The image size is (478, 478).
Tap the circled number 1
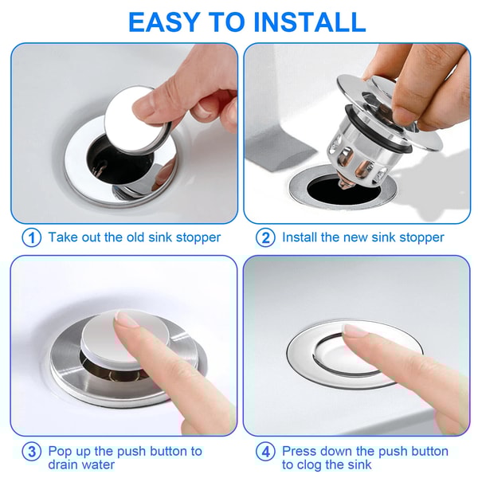point(31,237)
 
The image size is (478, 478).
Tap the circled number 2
point(265,237)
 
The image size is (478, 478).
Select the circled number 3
point(31,453)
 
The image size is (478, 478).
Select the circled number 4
point(265,453)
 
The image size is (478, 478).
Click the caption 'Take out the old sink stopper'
point(134,237)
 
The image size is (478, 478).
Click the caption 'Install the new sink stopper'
point(362,237)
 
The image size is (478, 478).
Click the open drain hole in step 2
point(319,189)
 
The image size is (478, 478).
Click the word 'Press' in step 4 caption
point(300,451)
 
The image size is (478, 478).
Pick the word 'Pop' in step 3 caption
point(61,451)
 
